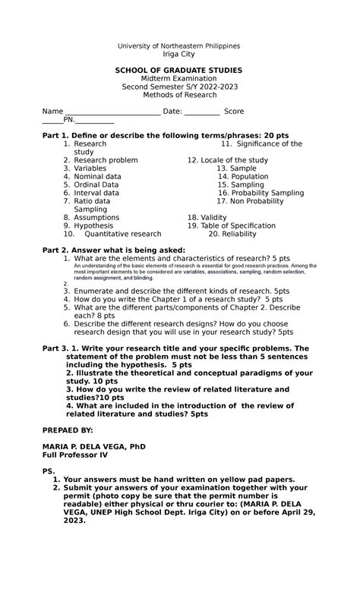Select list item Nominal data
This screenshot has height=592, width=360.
point(97,177)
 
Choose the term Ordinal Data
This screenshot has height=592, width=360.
point(96,185)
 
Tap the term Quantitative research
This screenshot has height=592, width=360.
point(123,235)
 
